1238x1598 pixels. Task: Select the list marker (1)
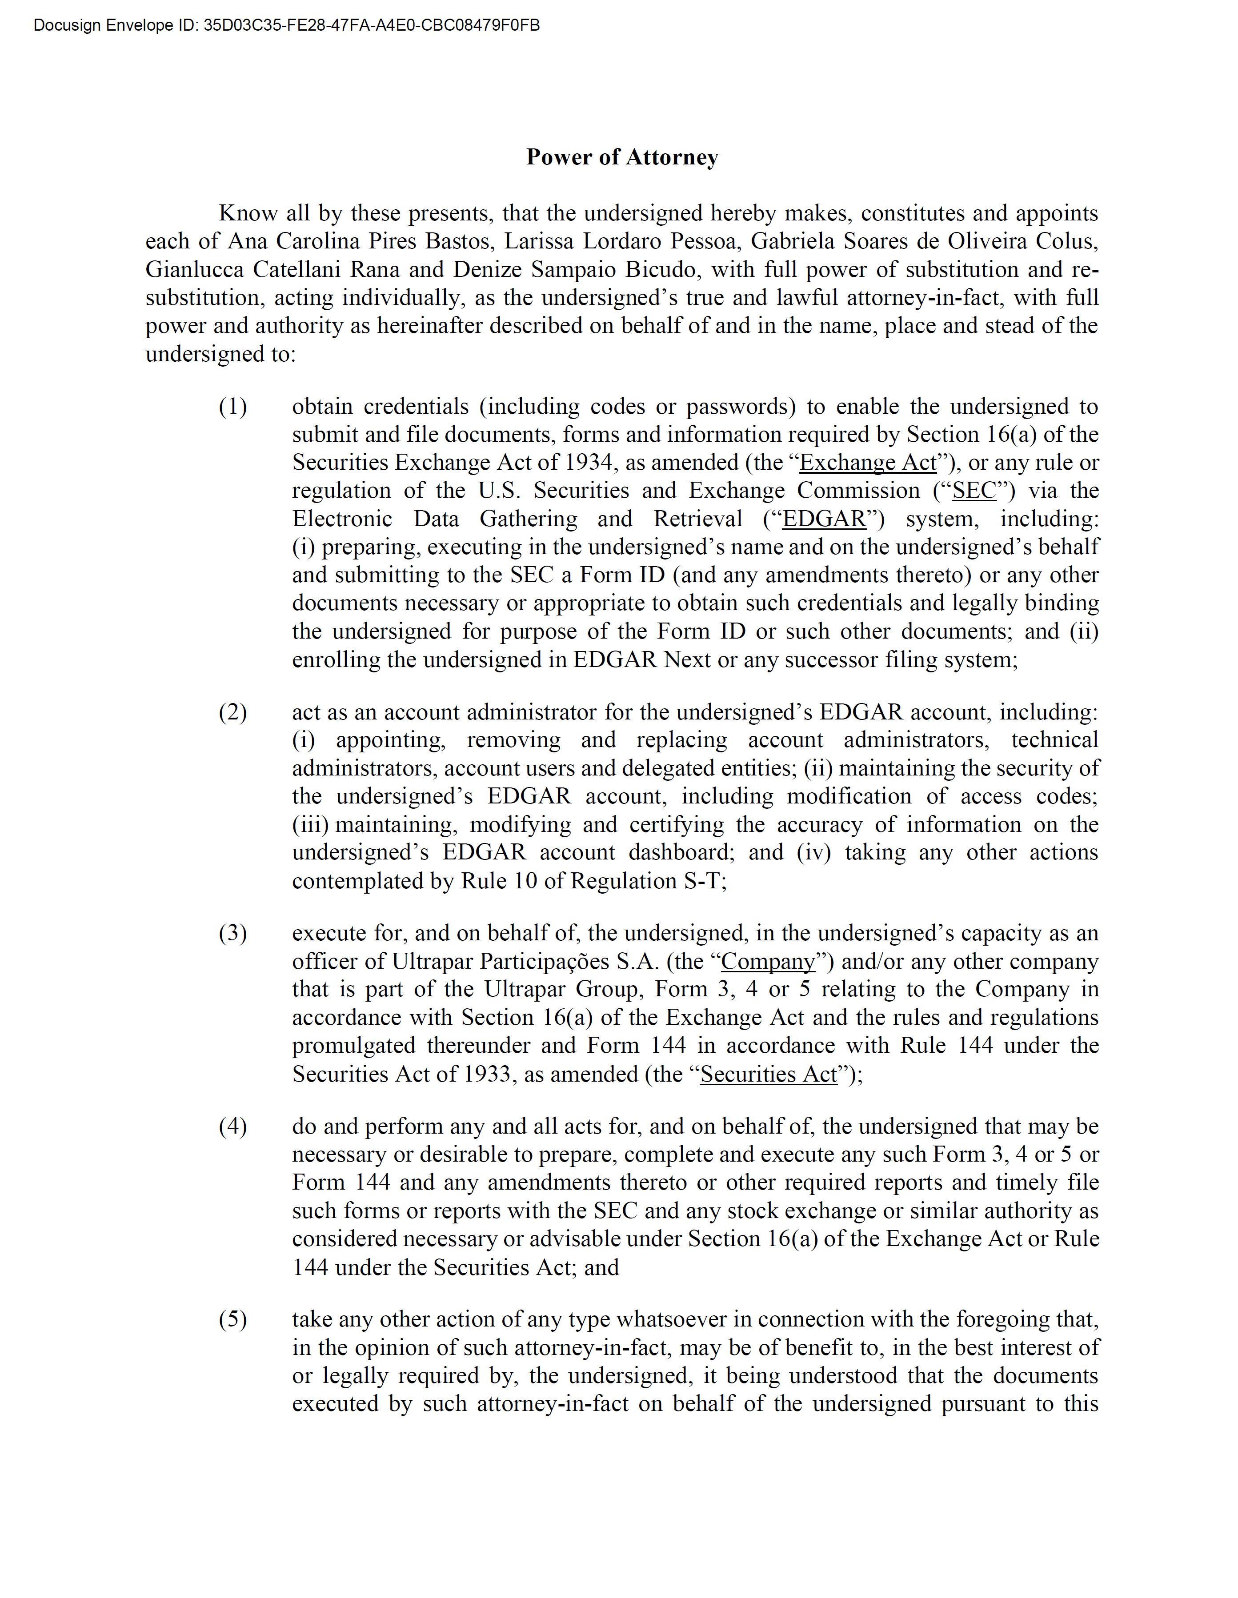[x=233, y=407]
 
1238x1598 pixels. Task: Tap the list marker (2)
[x=233, y=712]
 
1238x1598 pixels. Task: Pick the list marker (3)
[x=233, y=934]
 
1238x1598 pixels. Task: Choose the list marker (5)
[x=233, y=1319]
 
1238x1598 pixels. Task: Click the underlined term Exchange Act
[x=868, y=463]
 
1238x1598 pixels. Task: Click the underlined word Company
[x=768, y=962]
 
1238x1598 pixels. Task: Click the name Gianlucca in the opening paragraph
[x=194, y=270]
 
